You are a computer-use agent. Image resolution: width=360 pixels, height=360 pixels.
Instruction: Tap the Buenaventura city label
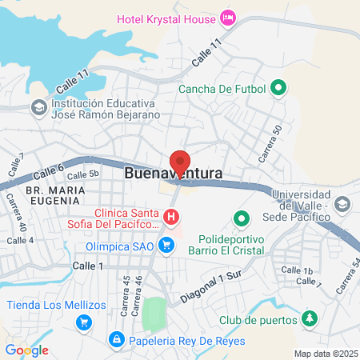(173, 173)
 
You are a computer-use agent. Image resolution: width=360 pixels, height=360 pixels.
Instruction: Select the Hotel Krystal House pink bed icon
(228, 17)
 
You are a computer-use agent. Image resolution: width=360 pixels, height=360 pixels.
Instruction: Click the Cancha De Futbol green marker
(278, 88)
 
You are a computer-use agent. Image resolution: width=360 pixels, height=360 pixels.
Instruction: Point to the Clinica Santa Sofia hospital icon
(170, 217)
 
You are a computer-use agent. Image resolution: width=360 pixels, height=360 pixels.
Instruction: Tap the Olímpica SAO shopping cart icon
(166, 245)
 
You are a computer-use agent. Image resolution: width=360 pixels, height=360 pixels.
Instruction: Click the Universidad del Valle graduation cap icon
(342, 206)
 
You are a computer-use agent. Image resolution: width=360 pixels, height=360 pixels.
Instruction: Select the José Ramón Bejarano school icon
(38, 106)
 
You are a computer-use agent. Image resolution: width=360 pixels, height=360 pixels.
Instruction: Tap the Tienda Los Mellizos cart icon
(83, 322)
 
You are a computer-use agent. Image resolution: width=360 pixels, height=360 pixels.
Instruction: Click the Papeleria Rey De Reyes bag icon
(118, 340)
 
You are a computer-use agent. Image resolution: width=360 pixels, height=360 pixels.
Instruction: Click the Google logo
(27, 350)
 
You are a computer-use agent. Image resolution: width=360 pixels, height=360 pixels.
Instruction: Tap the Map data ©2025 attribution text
(326, 354)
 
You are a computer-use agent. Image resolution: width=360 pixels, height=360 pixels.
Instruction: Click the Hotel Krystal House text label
(166, 18)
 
